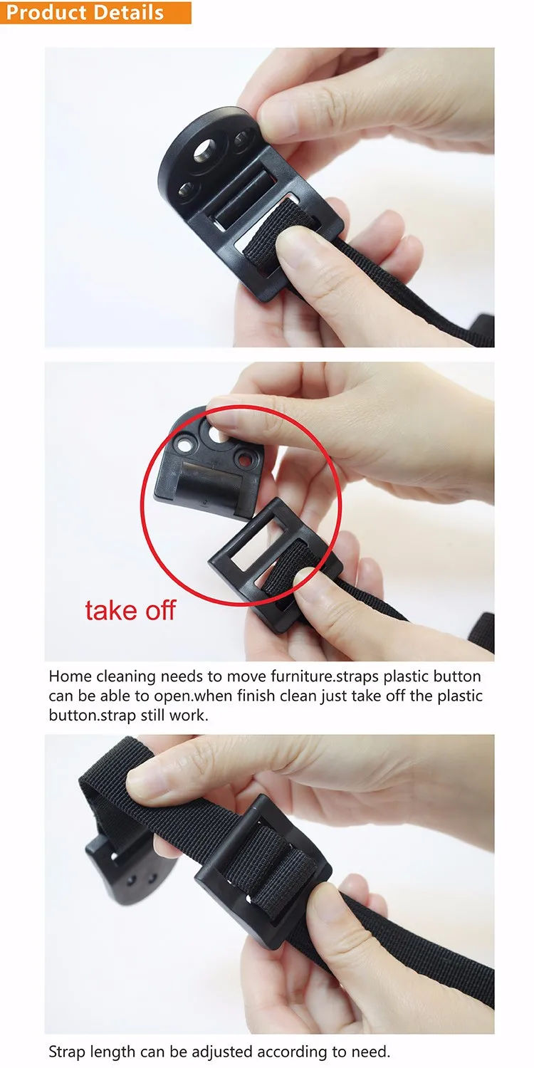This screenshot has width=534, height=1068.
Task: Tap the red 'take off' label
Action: click(130, 610)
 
